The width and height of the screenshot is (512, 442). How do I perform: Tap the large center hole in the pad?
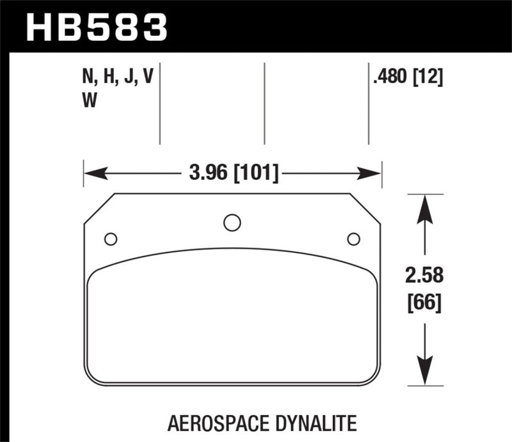(232, 223)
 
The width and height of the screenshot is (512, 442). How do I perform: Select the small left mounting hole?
(111, 239)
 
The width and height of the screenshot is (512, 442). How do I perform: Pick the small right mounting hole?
(353, 239)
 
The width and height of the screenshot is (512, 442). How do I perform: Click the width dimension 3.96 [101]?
(232, 173)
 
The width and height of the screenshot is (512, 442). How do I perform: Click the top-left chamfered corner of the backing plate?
(99, 209)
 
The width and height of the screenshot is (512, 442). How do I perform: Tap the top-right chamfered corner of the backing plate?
(365, 209)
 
